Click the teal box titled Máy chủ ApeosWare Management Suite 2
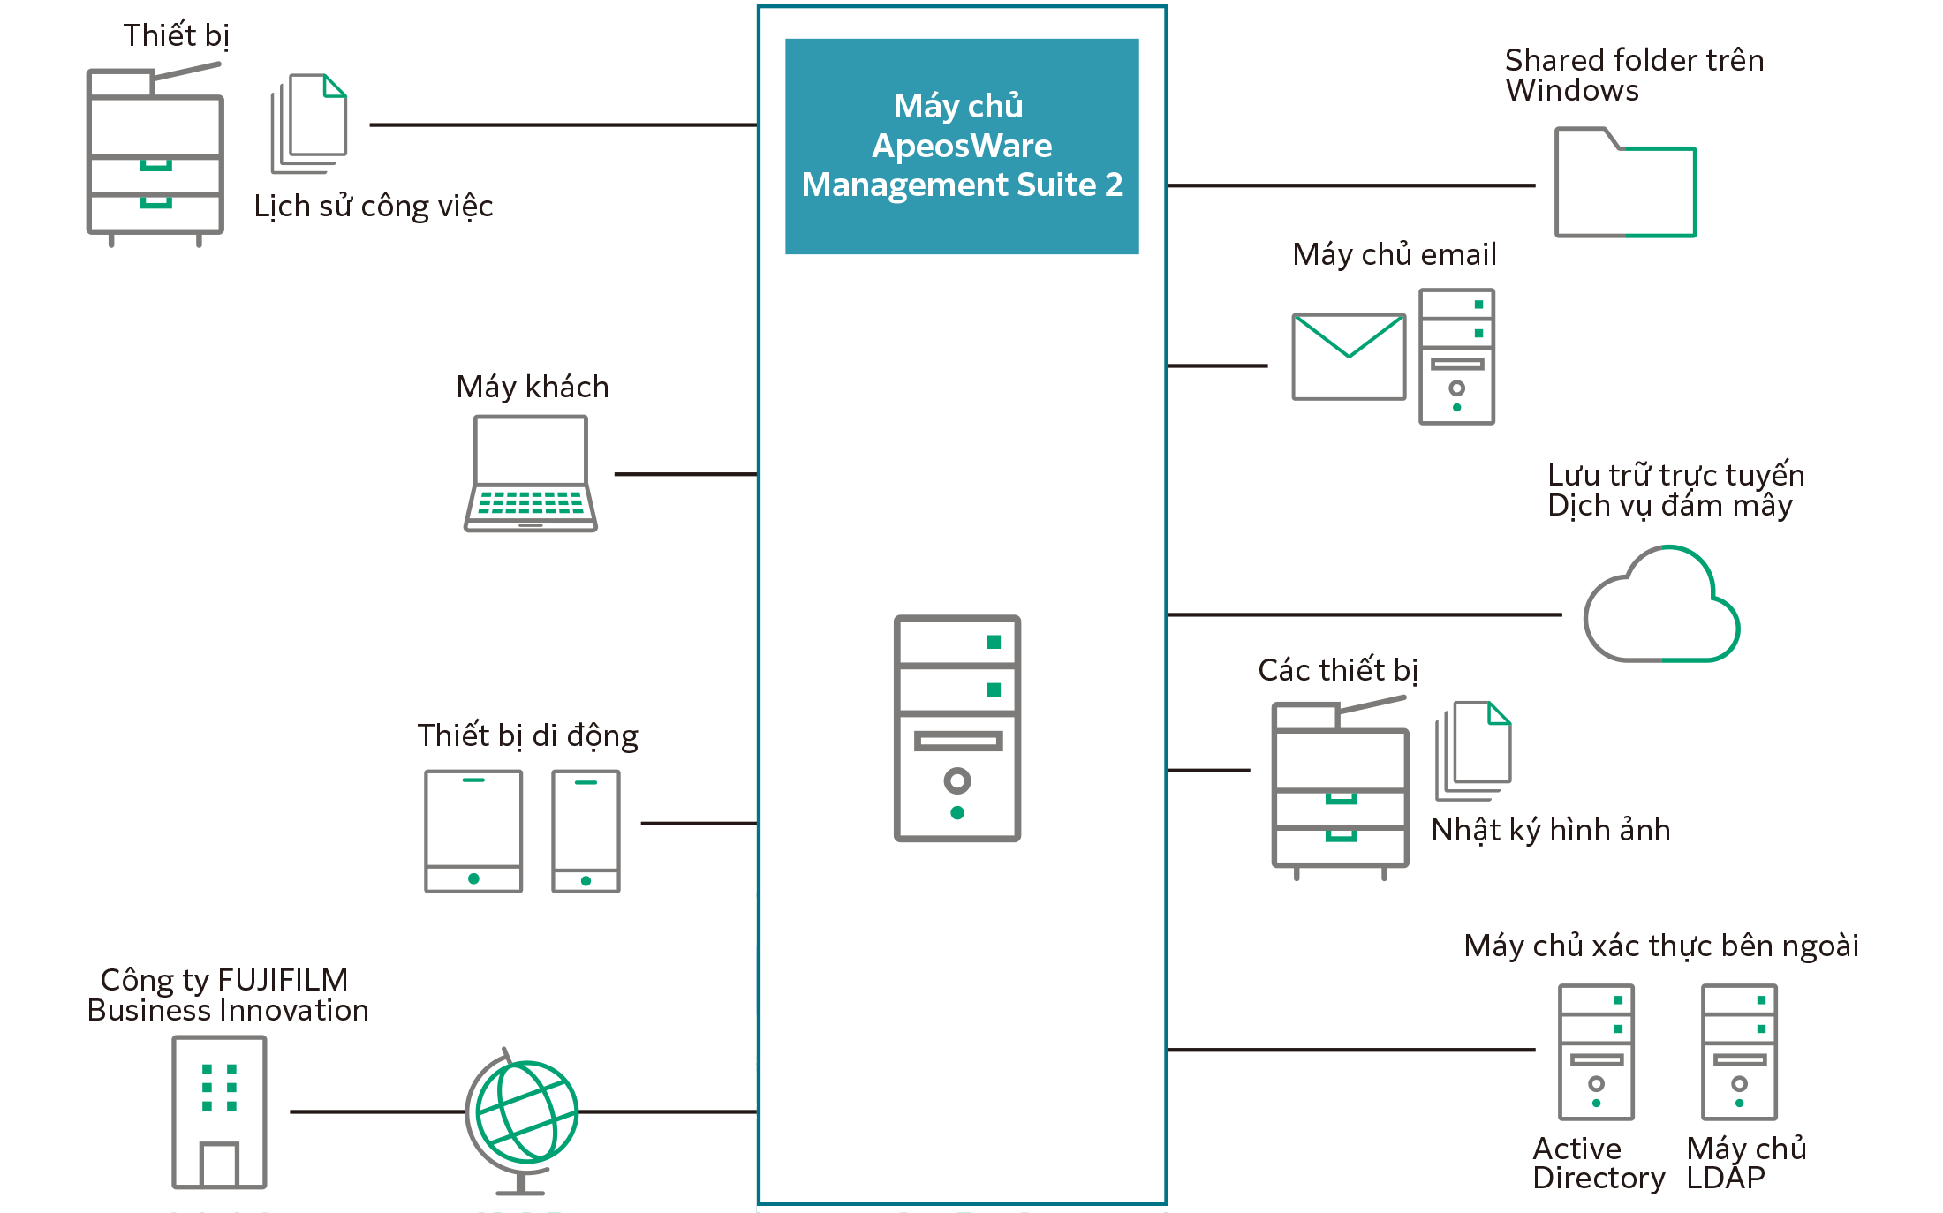(x=961, y=146)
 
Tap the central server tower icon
(x=957, y=727)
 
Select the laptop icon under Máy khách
(x=531, y=474)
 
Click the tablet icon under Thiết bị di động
(x=473, y=831)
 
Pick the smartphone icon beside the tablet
(x=586, y=831)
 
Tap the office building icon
(x=219, y=1112)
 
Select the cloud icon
(x=1661, y=607)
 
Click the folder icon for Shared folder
(x=1625, y=184)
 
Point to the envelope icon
(x=1349, y=357)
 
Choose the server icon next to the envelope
(x=1456, y=356)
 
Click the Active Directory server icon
(x=1596, y=1051)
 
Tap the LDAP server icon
(x=1739, y=1051)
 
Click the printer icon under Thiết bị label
(x=155, y=155)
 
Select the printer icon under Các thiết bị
(x=1340, y=787)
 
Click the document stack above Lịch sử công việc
(x=310, y=124)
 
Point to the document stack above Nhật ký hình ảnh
(x=1474, y=750)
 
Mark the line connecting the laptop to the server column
(x=684, y=474)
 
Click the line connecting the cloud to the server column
(x=1365, y=614)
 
